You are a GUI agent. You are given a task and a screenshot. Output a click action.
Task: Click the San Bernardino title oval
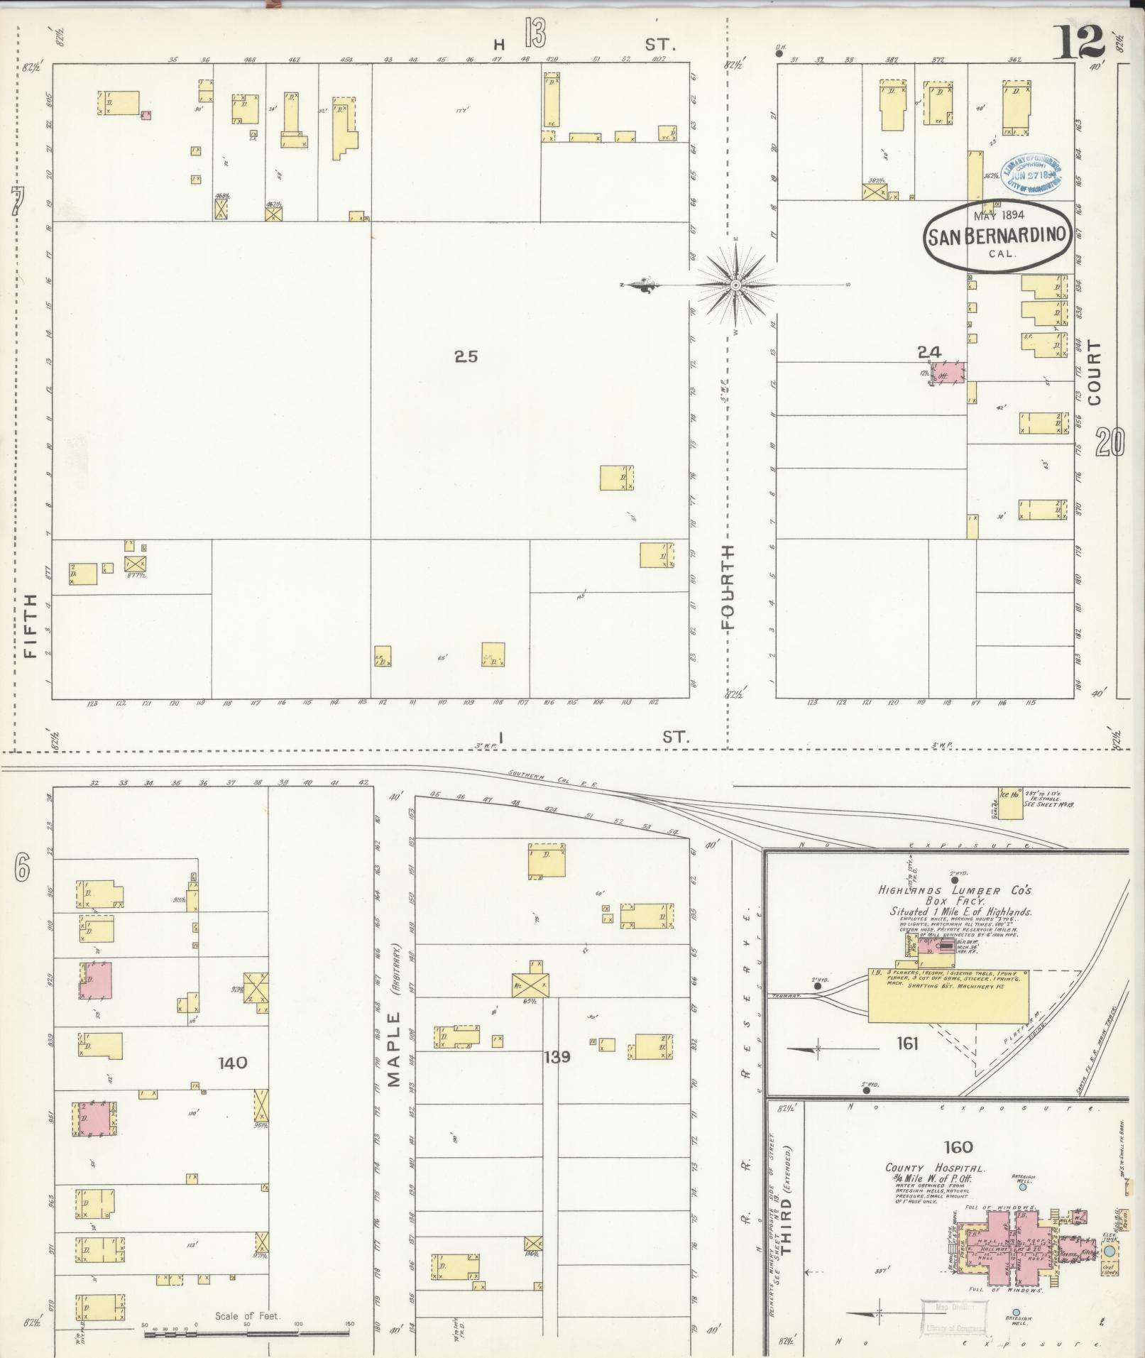(997, 236)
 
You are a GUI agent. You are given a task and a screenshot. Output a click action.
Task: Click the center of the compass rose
(736, 285)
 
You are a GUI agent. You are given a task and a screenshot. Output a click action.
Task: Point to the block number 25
(466, 357)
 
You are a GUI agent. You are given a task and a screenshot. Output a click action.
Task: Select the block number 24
(928, 351)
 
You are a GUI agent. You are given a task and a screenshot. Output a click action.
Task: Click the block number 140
(233, 1063)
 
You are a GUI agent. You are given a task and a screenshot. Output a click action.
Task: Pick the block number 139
(557, 1057)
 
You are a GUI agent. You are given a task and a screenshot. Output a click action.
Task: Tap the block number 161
(907, 1043)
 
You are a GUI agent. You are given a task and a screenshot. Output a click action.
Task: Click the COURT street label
(1094, 373)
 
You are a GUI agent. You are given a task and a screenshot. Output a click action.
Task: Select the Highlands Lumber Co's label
(954, 890)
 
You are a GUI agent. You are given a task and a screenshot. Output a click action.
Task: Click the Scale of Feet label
(248, 1316)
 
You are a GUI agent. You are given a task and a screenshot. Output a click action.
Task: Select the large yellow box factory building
(948, 995)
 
